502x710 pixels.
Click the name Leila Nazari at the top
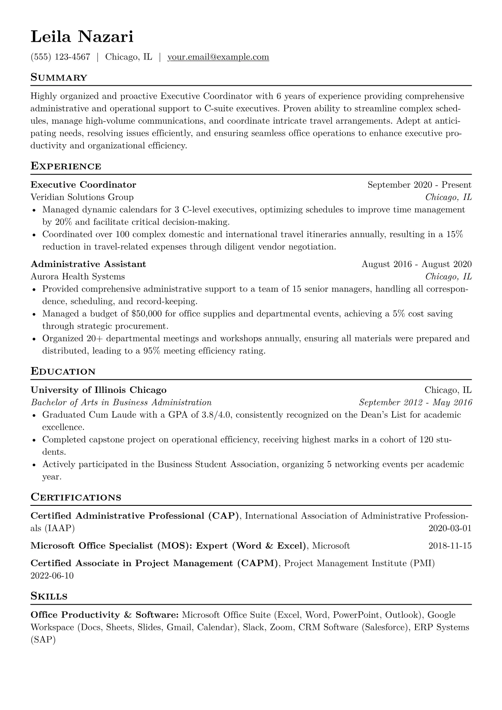(82, 37)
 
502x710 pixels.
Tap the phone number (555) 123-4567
(60, 57)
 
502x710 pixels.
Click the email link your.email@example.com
(218, 57)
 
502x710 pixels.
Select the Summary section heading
(59, 78)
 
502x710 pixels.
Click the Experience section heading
(66, 166)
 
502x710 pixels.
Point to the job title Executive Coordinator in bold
(84, 185)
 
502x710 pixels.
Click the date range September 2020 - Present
(419, 185)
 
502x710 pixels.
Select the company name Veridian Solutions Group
(82, 197)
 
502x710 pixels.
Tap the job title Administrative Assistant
(88, 264)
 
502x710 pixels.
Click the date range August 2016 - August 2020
(416, 264)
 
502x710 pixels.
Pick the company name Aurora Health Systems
(78, 276)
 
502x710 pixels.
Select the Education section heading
(63, 372)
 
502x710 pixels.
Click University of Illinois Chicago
(99, 390)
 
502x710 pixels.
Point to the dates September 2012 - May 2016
(415, 402)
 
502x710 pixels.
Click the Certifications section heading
(76, 497)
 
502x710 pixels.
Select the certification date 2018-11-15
(450, 546)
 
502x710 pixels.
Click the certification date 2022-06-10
(52, 575)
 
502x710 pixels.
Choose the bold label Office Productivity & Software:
(105, 615)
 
